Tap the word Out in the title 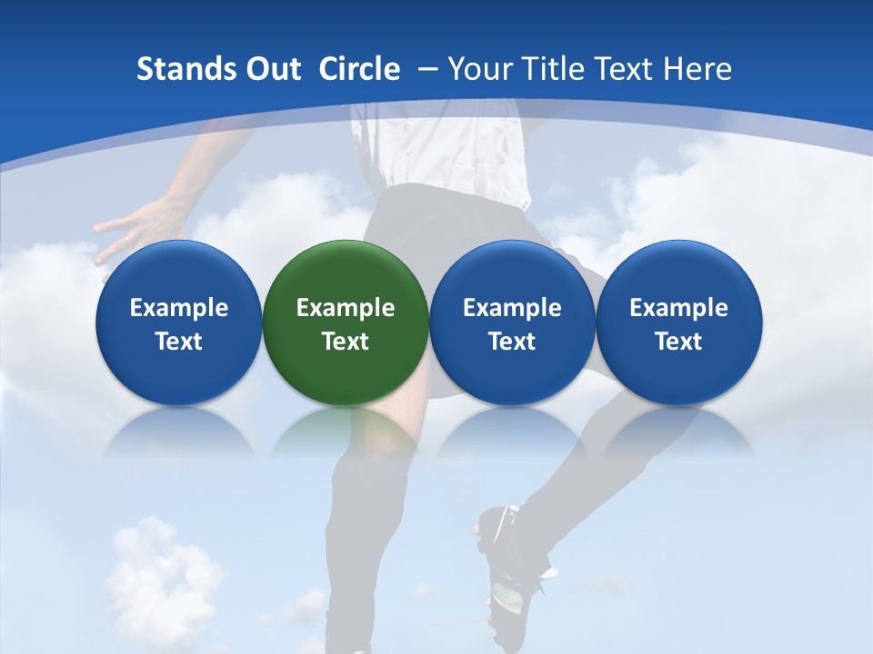tap(271, 69)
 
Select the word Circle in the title tap(359, 69)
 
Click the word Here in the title tap(697, 69)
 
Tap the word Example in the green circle tap(346, 308)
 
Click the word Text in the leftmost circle tap(179, 342)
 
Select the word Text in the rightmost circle tap(679, 342)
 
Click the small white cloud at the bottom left tap(159, 572)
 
